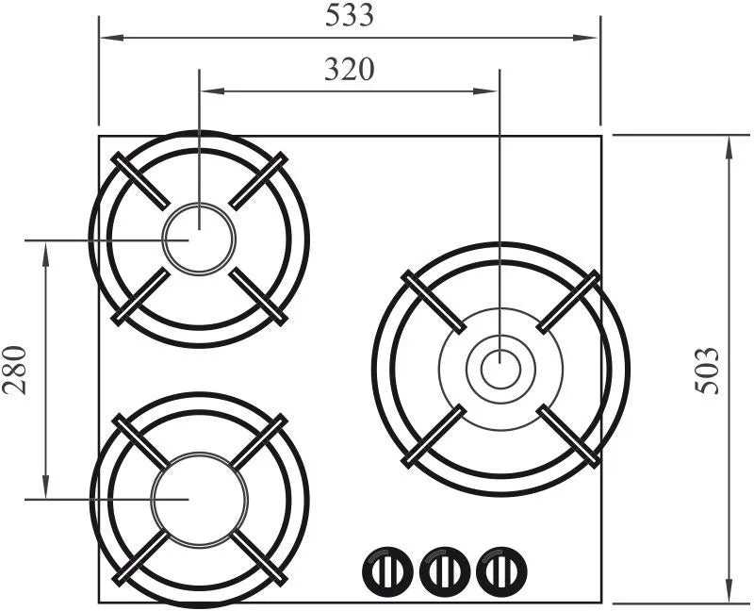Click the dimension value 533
tap(349, 15)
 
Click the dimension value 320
tap(349, 69)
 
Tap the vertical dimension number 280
tap(15, 370)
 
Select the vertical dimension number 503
tap(708, 371)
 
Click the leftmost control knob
tap(387, 571)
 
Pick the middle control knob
tap(444, 571)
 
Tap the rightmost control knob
tap(501, 571)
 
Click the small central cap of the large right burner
tap(500, 370)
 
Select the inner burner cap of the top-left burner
tap(199, 239)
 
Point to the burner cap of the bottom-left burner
tap(199, 500)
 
